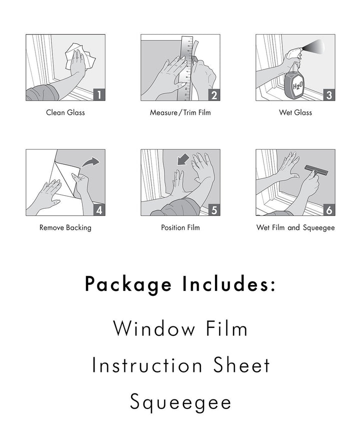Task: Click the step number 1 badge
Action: [99, 95]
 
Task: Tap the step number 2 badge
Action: [214, 95]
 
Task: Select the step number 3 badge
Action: [329, 95]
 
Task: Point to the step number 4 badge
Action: [99, 210]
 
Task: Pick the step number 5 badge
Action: [214, 210]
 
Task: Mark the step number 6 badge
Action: [329, 210]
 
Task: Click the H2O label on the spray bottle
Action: [297, 86]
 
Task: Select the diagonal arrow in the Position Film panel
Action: [183, 159]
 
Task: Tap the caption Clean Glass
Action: [65, 113]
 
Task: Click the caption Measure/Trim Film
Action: [180, 113]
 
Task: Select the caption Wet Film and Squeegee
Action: [295, 228]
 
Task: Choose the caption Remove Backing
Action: [65, 228]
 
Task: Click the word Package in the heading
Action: [128, 285]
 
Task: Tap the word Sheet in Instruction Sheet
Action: [241, 365]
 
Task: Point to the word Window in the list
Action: [154, 328]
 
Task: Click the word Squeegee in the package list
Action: [180, 402]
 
